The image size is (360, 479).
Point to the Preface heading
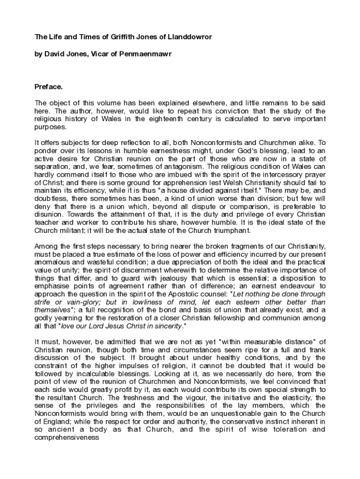[49, 87]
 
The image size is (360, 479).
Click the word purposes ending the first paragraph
[51, 127]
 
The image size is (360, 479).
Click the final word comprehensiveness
[66, 438]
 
